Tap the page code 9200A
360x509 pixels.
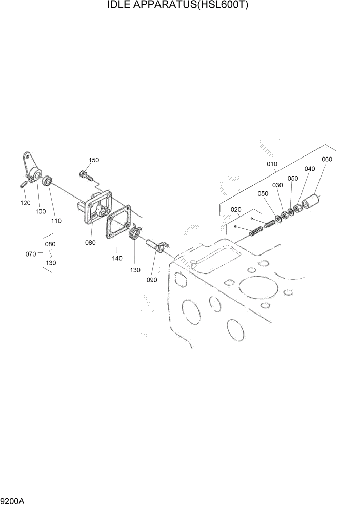pos(13,499)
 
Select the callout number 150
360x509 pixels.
pos(93,160)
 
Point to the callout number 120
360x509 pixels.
pos(25,203)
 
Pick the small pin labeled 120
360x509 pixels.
pos(23,184)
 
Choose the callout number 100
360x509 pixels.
pos(41,211)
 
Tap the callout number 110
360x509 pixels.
pos(56,221)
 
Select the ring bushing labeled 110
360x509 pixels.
pos(48,181)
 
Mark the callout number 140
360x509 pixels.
pos(117,258)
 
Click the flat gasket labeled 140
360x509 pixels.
pos(118,223)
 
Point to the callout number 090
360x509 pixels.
pos(152,280)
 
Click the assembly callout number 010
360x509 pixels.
pos(271,164)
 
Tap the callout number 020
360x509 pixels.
pos(235,210)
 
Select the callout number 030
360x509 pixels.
pos(277,185)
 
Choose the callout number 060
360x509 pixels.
pos(327,159)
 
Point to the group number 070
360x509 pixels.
pos(31,253)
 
